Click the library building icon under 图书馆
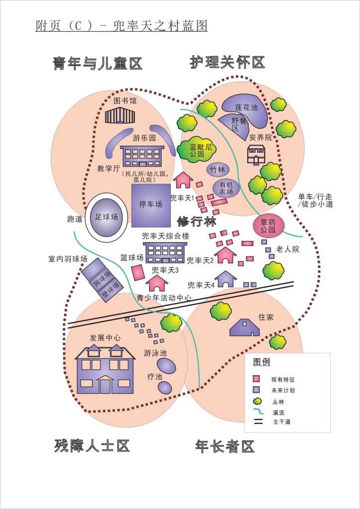tap(120, 116)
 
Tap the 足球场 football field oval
tap(107, 217)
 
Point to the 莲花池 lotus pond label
tap(247, 107)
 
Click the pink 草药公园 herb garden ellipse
tap(268, 226)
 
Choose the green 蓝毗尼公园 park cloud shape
tap(197, 151)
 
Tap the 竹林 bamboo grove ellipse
tap(218, 170)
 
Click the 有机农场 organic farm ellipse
tap(226, 188)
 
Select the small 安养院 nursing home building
tap(257, 155)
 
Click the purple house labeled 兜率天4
tap(226, 279)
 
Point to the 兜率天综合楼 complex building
tap(165, 253)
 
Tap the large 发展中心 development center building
tap(105, 369)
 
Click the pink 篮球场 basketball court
tap(138, 273)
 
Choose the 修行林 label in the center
tap(196, 222)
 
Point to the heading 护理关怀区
tap(227, 63)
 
